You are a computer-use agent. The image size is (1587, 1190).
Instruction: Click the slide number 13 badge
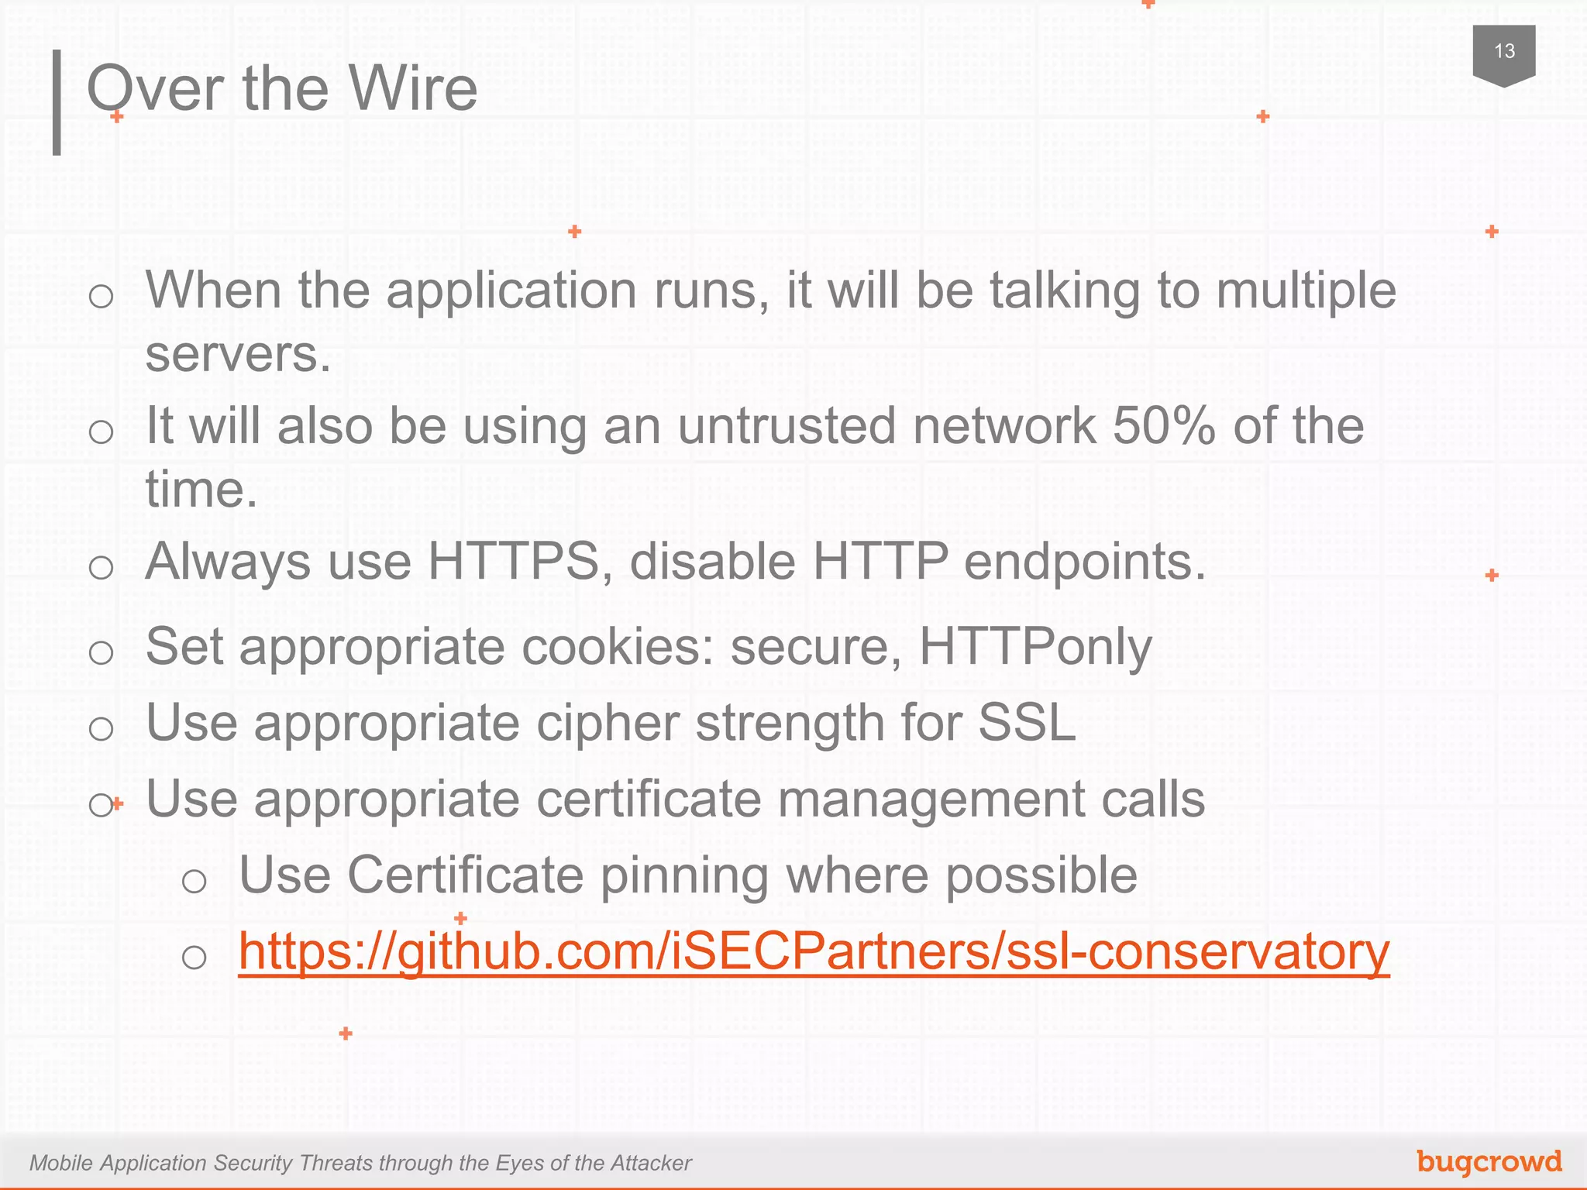tap(1503, 53)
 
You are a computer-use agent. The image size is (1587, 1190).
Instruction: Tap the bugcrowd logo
tap(1489, 1161)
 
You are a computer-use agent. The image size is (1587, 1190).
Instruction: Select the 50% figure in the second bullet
tap(1163, 426)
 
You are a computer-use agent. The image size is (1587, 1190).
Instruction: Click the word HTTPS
tap(514, 561)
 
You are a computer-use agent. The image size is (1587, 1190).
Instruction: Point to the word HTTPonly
tap(1035, 646)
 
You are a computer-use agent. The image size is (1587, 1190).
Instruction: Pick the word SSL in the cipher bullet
tap(1027, 723)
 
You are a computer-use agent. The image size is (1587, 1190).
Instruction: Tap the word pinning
tap(684, 875)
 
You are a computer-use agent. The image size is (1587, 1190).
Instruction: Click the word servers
tap(238, 355)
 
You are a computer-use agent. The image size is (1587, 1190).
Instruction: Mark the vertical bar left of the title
tap(57, 102)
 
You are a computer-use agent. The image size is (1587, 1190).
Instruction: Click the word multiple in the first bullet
tap(1306, 291)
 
